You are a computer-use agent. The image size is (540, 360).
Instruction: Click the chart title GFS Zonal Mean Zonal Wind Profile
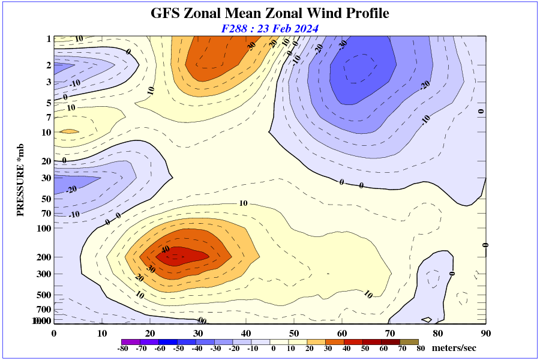pyautogui.click(x=269, y=13)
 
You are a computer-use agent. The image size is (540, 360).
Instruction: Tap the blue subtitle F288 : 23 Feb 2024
pyautogui.click(x=269, y=28)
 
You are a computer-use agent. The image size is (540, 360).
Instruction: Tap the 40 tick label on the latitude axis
pyautogui.click(x=246, y=333)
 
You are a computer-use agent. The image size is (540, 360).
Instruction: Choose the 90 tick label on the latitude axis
pyautogui.click(x=485, y=333)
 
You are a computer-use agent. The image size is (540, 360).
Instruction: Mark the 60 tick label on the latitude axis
pyautogui.click(x=342, y=333)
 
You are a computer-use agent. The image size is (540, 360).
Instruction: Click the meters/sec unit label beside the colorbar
pyautogui.click(x=455, y=348)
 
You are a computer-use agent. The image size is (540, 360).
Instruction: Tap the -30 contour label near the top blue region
pyautogui.click(x=343, y=44)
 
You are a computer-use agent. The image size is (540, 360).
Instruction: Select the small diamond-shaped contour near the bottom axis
pyautogui.click(x=427, y=319)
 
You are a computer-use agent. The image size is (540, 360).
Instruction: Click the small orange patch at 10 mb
pyautogui.click(x=69, y=131)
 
